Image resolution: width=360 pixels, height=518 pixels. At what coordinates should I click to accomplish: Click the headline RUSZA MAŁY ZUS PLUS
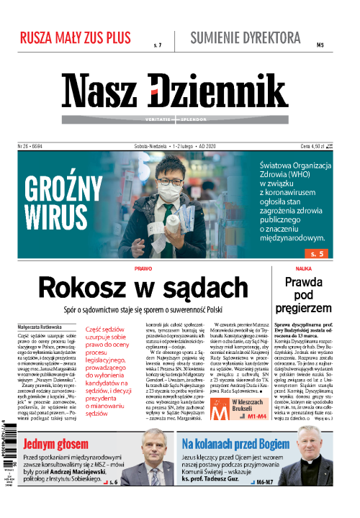point(76,37)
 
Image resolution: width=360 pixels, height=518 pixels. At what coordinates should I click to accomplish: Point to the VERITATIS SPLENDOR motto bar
point(175,119)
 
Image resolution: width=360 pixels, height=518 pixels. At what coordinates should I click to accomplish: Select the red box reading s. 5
point(318,253)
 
